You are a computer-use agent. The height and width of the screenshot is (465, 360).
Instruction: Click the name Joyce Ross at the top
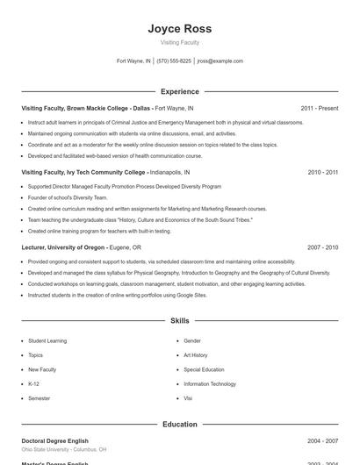coord(180,28)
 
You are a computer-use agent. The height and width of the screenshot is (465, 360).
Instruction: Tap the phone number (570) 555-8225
coord(175,61)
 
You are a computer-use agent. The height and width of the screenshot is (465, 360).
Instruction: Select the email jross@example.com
coord(220,61)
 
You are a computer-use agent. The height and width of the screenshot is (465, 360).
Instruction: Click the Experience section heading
coord(180,91)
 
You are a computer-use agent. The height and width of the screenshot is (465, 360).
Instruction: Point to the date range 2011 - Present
coord(319,108)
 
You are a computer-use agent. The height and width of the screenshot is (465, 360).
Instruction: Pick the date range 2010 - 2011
coord(322,173)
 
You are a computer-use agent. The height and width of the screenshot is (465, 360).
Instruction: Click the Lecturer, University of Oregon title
coord(63,248)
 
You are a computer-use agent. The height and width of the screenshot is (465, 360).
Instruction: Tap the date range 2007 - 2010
coord(322,248)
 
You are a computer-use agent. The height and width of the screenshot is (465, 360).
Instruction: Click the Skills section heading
coord(180,321)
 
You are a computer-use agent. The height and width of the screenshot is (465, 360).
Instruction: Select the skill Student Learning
coord(47,340)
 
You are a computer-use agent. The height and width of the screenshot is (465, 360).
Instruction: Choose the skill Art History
coord(196,355)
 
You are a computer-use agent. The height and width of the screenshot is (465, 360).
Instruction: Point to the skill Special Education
coord(204,369)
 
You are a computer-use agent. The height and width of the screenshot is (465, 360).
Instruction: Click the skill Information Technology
coord(210,383)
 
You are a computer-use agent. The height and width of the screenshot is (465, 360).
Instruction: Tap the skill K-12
coord(33,383)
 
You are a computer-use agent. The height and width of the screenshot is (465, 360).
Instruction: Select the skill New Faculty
coord(41,369)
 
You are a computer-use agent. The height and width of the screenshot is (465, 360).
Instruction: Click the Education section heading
coord(180,425)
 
